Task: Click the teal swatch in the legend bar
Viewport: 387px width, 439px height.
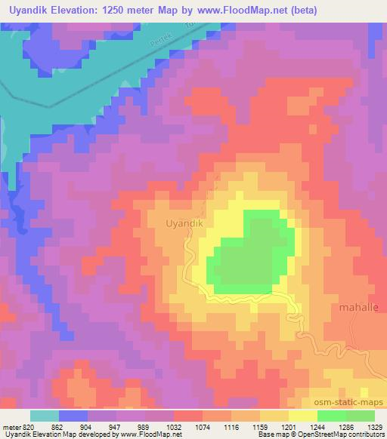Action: [45, 416]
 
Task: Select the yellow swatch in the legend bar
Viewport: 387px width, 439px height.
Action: [302, 416]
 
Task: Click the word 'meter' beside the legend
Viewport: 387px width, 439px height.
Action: [11, 426]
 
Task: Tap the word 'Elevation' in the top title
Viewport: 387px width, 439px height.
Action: [83, 11]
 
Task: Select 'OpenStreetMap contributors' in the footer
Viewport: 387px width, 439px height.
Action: [344, 434]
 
